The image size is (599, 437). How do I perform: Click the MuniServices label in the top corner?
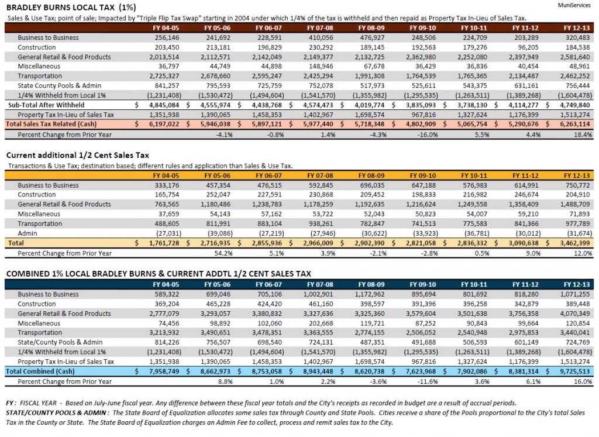click(574, 5)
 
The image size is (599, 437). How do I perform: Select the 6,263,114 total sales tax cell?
click(574, 124)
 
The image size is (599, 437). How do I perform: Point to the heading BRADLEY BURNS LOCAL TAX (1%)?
click(71, 7)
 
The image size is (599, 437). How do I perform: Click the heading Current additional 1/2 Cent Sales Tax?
click(78, 155)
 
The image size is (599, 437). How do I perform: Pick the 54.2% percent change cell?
click(224, 253)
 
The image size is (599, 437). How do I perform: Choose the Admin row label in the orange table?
click(27, 233)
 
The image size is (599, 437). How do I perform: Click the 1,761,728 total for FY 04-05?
click(164, 243)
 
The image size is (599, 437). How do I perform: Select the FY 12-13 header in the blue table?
click(577, 284)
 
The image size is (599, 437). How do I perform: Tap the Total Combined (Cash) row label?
click(40, 371)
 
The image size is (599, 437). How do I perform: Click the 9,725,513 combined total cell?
click(574, 371)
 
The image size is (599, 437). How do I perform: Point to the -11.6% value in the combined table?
click(428, 381)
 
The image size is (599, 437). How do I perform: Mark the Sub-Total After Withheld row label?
click(46, 105)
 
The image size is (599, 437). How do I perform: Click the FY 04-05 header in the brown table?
click(166, 28)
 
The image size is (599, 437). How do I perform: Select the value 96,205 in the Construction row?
click(528, 47)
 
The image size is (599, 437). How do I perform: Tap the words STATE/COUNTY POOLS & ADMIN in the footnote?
click(56, 412)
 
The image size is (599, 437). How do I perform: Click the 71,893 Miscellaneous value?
click(580, 214)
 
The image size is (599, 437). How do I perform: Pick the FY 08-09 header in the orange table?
click(371, 176)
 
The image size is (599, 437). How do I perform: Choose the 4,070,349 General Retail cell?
click(575, 314)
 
